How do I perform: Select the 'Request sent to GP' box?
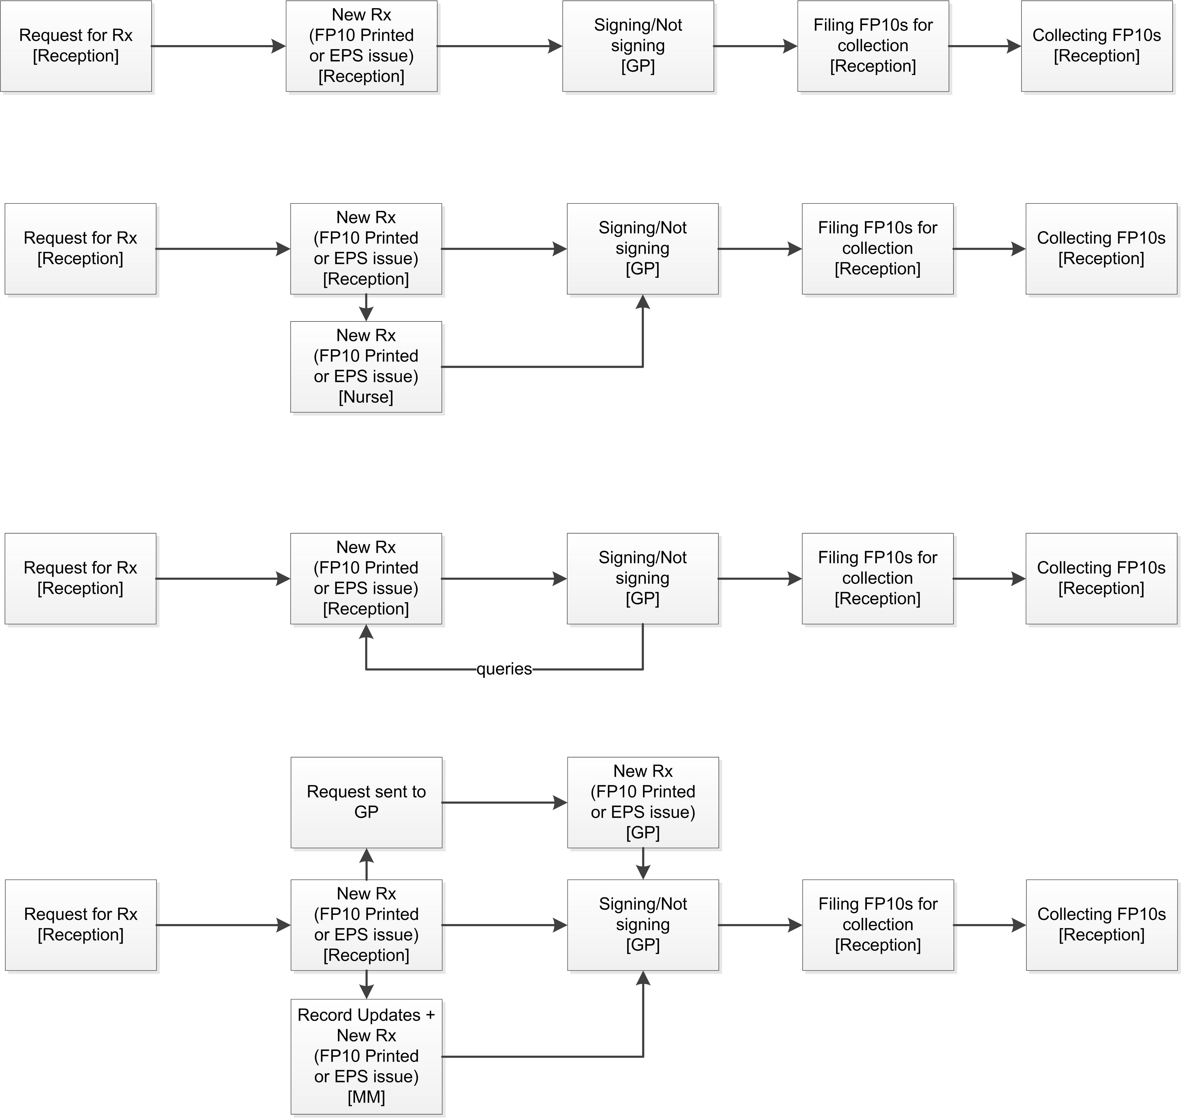[x=366, y=802]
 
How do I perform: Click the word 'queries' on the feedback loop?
[x=504, y=669]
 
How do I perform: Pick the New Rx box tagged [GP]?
[x=643, y=802]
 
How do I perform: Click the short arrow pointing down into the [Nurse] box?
[x=366, y=307]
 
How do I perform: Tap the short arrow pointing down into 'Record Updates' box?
[x=366, y=985]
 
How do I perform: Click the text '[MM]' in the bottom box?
[x=366, y=1096]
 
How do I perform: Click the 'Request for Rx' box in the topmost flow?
[x=76, y=46]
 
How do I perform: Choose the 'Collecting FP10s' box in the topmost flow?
[x=1097, y=46]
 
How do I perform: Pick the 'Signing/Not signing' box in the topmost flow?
[x=638, y=46]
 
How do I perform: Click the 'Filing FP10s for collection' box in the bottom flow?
[x=878, y=925]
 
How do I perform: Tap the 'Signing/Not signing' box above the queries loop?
[x=643, y=578]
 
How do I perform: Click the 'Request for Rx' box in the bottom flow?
[x=81, y=925]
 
